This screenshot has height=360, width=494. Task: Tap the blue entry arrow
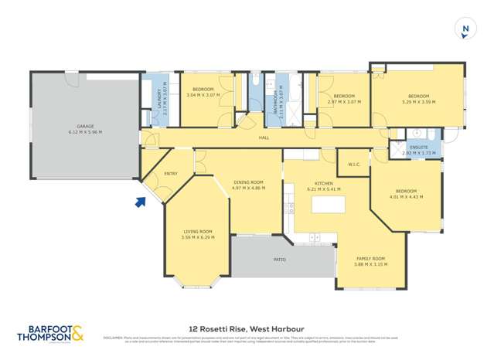click(x=140, y=202)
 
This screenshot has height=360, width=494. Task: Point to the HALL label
click(x=264, y=137)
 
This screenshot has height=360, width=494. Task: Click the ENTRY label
click(x=171, y=174)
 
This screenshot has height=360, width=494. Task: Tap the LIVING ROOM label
click(x=197, y=232)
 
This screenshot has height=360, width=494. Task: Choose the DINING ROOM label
click(x=249, y=182)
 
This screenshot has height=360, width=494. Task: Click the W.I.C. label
click(x=355, y=164)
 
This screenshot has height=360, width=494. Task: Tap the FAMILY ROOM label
click(x=370, y=259)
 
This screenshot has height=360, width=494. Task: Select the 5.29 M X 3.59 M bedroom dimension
click(x=420, y=102)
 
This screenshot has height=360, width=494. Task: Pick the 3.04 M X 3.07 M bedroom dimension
click(x=203, y=95)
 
